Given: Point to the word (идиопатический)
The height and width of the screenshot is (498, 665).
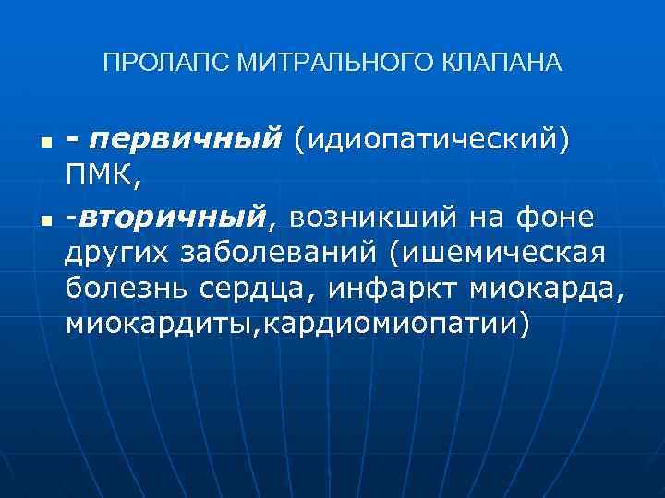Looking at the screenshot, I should point(431,140).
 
